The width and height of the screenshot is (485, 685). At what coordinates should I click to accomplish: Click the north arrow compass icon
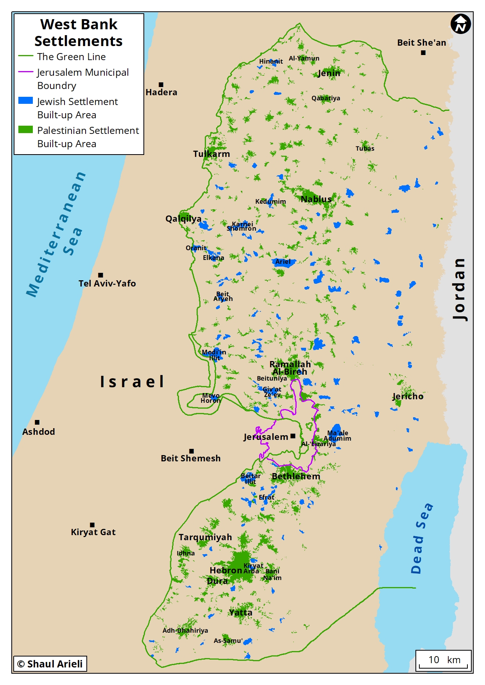pyautogui.click(x=460, y=24)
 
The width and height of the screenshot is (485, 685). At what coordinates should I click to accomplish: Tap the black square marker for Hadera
pyautogui.click(x=161, y=85)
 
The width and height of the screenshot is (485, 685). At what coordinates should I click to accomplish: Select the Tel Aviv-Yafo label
pyautogui.click(x=107, y=284)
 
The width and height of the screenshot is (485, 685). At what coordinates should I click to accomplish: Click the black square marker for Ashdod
pyautogui.click(x=37, y=422)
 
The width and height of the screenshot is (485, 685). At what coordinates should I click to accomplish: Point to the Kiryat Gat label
pyautogui.click(x=93, y=532)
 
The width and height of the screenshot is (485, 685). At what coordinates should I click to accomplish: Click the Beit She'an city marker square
pyautogui.click(x=423, y=53)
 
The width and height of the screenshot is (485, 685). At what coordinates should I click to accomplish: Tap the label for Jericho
pyautogui.click(x=408, y=397)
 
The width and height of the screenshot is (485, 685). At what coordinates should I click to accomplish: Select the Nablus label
pyautogui.click(x=316, y=199)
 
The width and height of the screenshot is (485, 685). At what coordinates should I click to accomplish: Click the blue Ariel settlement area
pyautogui.click(x=283, y=262)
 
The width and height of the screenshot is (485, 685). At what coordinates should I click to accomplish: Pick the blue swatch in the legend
pyautogui.click(x=25, y=100)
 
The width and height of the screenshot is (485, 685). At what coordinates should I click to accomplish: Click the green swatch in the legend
pyautogui.click(x=25, y=130)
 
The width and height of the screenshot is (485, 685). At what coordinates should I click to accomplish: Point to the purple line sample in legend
pyautogui.click(x=25, y=72)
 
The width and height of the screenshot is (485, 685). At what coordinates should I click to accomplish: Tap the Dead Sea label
pyautogui.click(x=422, y=539)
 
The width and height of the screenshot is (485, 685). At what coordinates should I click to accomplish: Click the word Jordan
pyautogui.click(x=460, y=289)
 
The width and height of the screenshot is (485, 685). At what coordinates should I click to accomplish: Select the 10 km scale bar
pyautogui.click(x=443, y=660)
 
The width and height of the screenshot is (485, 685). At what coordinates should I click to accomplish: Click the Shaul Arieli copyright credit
pyautogui.click(x=50, y=664)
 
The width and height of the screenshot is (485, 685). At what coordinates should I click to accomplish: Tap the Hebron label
pyautogui.click(x=225, y=571)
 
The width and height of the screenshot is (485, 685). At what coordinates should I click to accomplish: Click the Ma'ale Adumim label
pyautogui.click(x=337, y=436)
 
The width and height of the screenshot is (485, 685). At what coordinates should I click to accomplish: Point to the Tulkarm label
pyautogui.click(x=211, y=154)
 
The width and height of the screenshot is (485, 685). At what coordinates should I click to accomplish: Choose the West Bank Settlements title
pyautogui.click(x=79, y=33)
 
